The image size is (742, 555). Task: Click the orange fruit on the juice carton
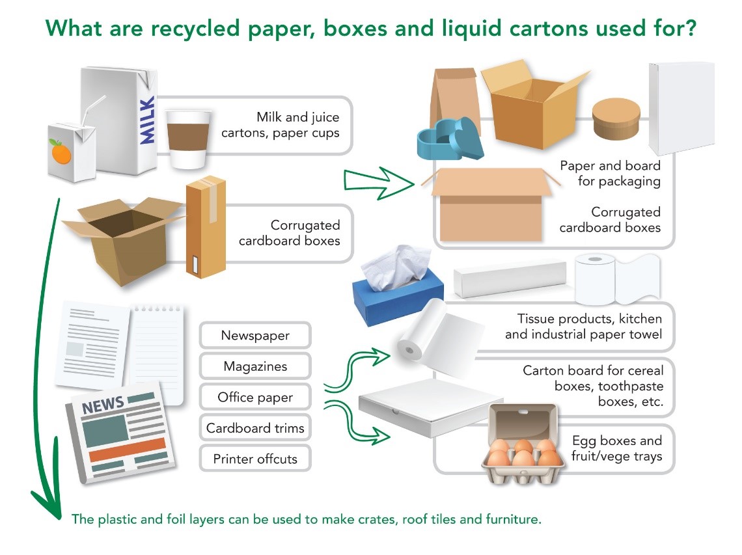[x=61, y=153]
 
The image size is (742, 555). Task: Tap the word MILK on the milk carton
[x=148, y=120]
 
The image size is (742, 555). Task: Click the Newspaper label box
[x=255, y=336]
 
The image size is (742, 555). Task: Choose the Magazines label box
[x=255, y=366]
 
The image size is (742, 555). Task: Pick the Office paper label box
[x=255, y=398]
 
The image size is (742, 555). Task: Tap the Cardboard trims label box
[x=255, y=428]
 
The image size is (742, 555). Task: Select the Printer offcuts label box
[x=255, y=459]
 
